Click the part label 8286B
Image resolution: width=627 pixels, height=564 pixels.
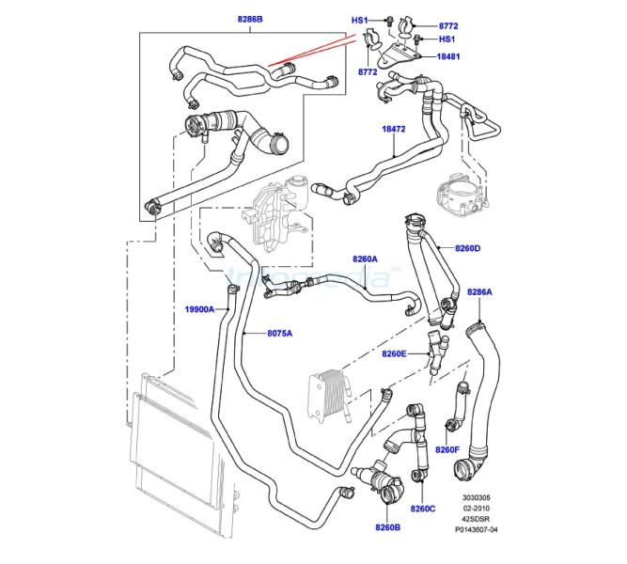click(250, 19)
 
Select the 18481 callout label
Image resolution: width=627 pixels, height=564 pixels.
click(447, 56)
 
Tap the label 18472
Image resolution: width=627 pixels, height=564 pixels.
click(394, 129)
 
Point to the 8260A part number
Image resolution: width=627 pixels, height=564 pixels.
click(365, 259)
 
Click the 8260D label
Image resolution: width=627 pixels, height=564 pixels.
click(467, 248)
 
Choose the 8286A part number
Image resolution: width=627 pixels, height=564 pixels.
click(479, 292)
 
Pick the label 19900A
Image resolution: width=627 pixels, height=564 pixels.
click(199, 309)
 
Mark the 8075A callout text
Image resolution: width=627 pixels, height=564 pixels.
click(279, 333)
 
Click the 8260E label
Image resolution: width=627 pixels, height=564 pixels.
click(394, 353)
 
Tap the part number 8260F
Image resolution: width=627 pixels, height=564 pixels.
click(447, 450)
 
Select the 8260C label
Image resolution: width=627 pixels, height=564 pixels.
click(423, 509)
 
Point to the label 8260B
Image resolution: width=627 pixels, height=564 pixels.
click(387, 527)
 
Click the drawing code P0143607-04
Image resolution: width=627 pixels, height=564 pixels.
click(477, 529)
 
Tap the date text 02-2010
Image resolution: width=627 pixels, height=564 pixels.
click(477, 509)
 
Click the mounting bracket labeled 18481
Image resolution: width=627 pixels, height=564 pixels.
click(398, 56)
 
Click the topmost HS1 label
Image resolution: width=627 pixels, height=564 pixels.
click(359, 20)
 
